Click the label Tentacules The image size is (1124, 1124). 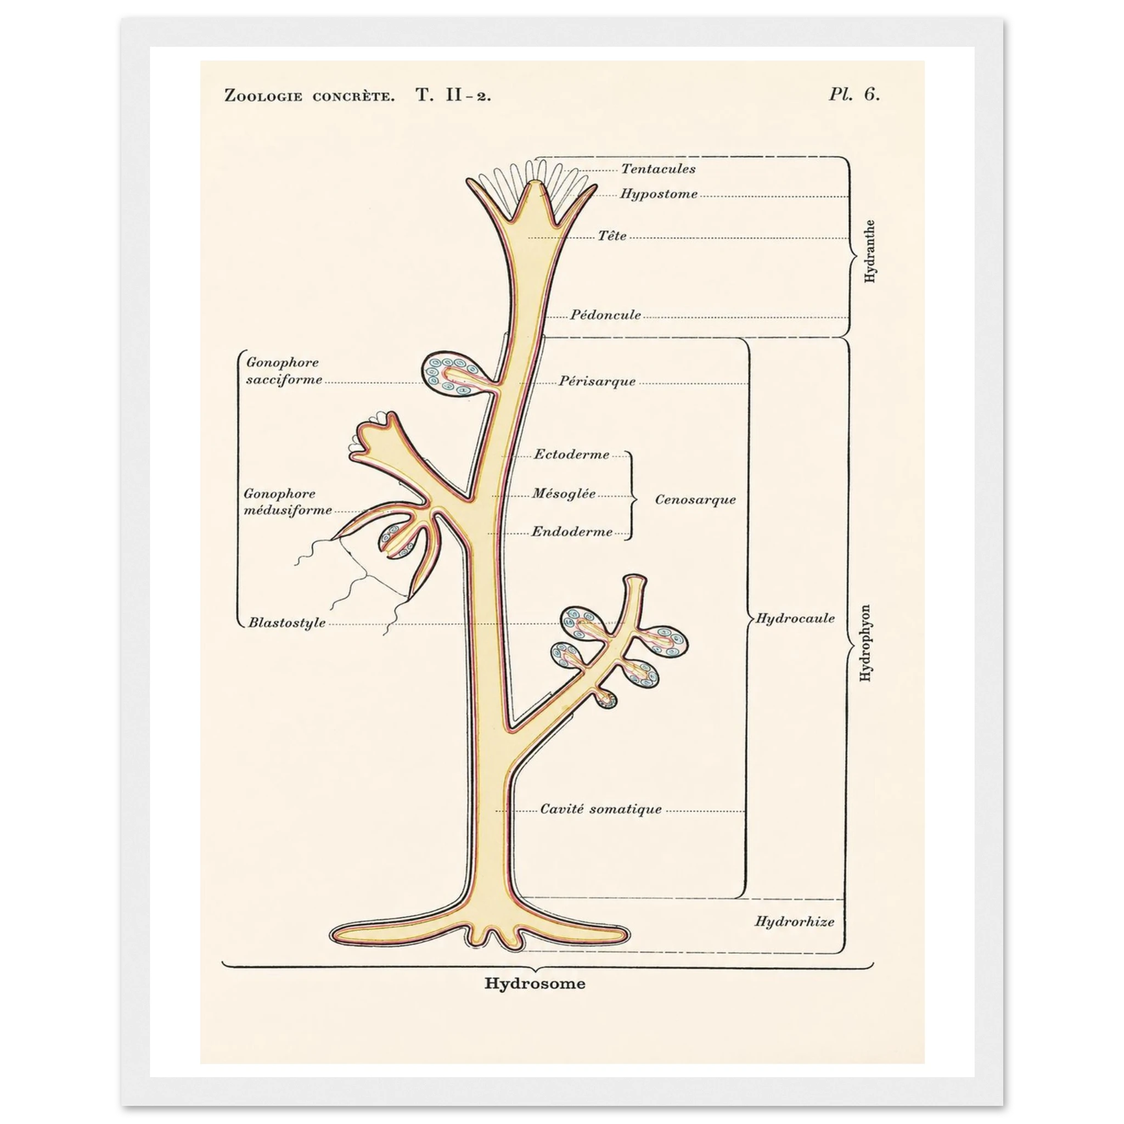(658, 168)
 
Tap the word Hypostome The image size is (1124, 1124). (659, 194)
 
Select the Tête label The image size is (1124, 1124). (612, 235)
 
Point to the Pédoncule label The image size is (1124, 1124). (605, 314)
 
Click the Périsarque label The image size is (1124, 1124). (598, 381)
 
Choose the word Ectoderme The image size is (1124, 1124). (572, 454)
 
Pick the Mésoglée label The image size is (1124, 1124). (564, 493)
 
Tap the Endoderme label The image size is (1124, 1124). (572, 532)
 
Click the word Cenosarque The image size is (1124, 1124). (695, 499)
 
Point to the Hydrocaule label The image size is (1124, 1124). (795, 618)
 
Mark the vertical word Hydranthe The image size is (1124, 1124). (870, 251)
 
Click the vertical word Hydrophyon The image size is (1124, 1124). (865, 643)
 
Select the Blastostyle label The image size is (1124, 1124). (287, 622)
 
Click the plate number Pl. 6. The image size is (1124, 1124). (854, 94)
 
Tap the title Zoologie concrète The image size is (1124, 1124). (309, 95)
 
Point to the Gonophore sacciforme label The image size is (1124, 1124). (284, 370)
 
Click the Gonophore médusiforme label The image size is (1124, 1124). (288, 502)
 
